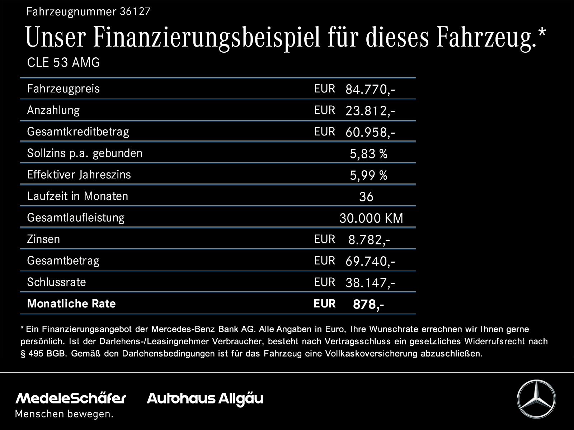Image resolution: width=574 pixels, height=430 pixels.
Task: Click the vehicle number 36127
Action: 135,12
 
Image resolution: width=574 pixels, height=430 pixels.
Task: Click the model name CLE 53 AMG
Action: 63,63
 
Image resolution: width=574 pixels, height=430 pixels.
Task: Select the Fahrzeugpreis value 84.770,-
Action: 370,90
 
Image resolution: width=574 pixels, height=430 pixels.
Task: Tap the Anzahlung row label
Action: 53,110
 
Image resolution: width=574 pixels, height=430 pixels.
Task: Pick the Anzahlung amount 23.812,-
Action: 370,111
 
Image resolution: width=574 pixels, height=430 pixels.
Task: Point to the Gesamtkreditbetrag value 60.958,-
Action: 370,133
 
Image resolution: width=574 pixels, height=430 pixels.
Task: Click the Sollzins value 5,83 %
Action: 368,154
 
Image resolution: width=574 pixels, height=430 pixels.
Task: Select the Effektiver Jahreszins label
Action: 79,175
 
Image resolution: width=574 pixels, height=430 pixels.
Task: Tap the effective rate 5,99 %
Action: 368,176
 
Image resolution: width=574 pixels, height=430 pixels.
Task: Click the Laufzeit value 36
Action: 366,197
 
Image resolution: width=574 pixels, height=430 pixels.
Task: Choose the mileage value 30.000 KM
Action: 371,218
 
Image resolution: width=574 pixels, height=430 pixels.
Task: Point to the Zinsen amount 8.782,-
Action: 369,240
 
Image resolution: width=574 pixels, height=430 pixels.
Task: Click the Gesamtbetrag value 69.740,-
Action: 370,262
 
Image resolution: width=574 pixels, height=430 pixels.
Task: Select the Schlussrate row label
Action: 56,282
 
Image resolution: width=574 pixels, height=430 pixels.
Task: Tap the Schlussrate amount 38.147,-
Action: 370,283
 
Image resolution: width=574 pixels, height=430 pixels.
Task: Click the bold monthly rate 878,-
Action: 368,305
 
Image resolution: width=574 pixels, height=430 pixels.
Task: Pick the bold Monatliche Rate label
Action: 71,304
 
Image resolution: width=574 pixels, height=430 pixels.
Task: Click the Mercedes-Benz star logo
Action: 536,399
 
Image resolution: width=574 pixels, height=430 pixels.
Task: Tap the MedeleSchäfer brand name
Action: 71,398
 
